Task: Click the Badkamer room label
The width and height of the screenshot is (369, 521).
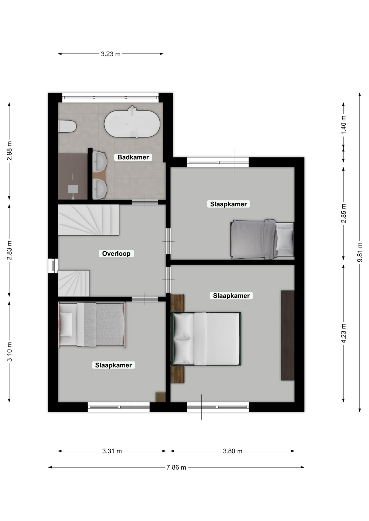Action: [x=133, y=157]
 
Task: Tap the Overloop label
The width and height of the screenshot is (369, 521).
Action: [x=116, y=253]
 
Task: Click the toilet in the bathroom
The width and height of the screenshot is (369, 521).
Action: [x=67, y=126]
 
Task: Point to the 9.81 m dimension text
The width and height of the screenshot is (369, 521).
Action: [x=359, y=252]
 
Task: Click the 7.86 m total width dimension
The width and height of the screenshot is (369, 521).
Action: [x=176, y=467]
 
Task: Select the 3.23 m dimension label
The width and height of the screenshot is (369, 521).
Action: [x=111, y=54]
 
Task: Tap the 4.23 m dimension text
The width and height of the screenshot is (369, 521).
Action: [x=343, y=333]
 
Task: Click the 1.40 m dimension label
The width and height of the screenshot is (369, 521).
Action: [x=343, y=125]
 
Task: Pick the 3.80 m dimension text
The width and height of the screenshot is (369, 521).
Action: [x=233, y=451]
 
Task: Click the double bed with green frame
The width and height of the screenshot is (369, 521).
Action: [x=206, y=339]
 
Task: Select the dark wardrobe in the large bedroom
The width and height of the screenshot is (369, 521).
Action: [x=288, y=335]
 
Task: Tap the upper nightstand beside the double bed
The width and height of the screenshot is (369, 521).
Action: [x=177, y=303]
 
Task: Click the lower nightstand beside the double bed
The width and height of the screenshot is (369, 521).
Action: [x=177, y=375]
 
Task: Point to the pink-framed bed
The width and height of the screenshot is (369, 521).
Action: [x=92, y=325]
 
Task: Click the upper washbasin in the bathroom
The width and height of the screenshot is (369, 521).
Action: [x=99, y=162]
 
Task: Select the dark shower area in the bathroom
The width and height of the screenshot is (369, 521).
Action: [x=73, y=177]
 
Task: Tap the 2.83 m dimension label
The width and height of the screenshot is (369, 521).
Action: [x=9, y=250]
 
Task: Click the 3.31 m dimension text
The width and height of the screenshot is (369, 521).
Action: [x=112, y=451]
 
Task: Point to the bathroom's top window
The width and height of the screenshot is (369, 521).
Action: [x=110, y=98]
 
